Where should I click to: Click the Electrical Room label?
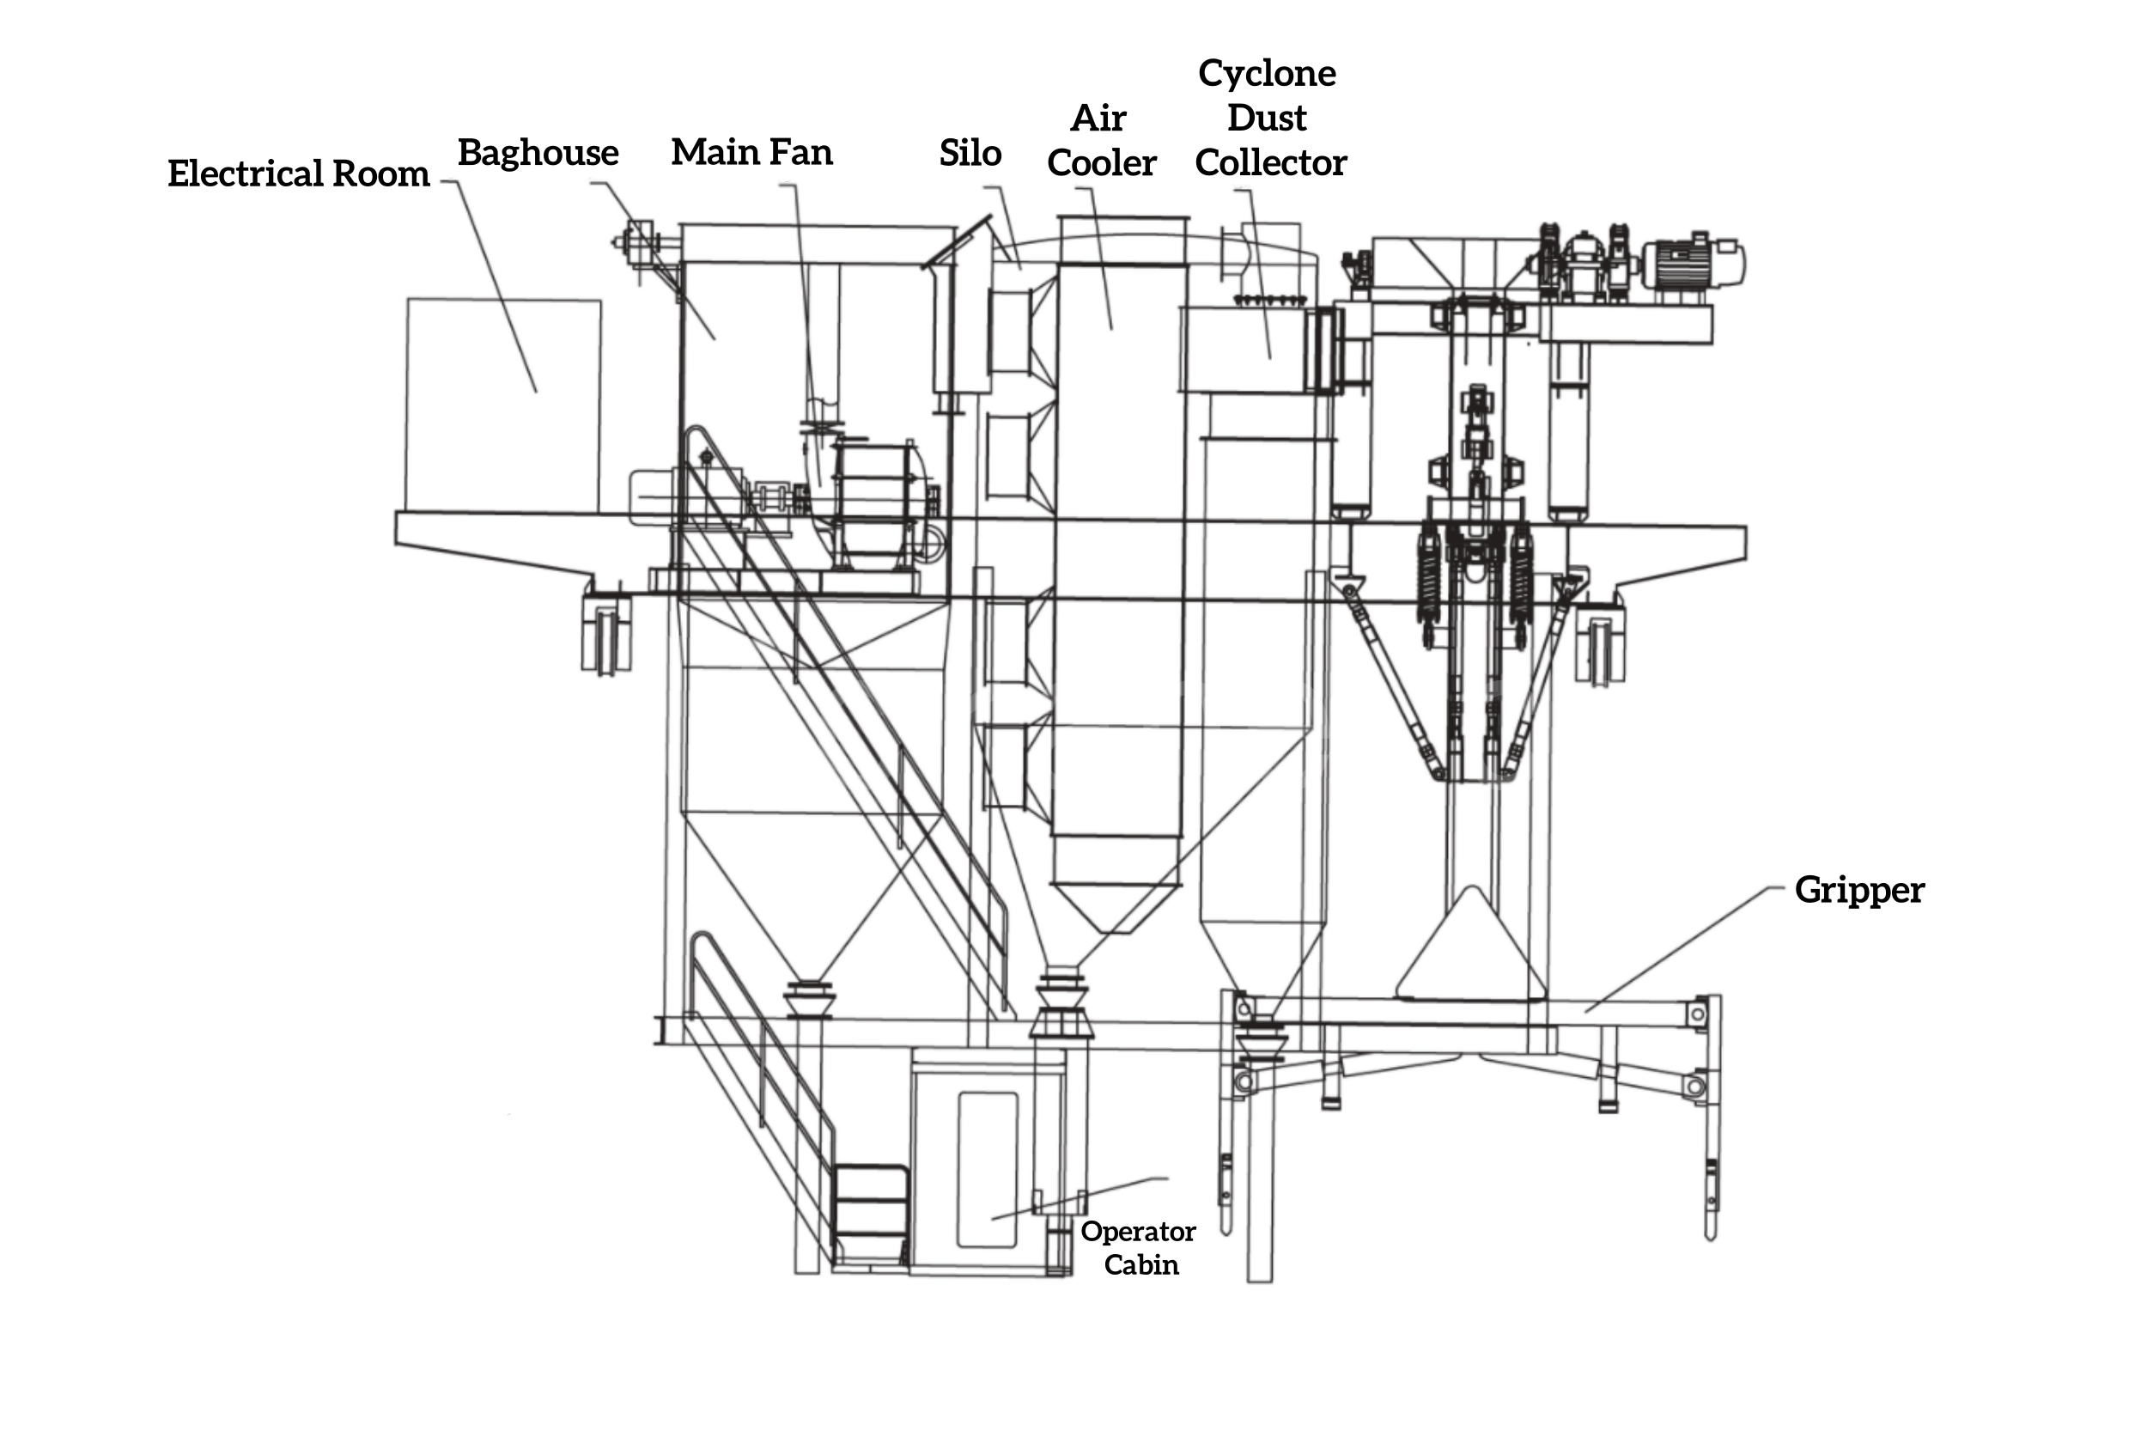click(x=298, y=174)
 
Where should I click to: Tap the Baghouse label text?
click(x=538, y=152)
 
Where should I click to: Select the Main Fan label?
click(x=751, y=151)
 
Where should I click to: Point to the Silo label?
click(x=970, y=152)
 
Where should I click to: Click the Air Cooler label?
click(x=1101, y=141)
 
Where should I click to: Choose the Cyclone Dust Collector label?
click(x=1270, y=118)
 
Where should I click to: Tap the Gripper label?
click(x=1859, y=891)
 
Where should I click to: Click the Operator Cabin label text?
click(x=1139, y=1247)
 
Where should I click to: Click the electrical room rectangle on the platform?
click(x=503, y=405)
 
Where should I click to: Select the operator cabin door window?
click(x=987, y=1169)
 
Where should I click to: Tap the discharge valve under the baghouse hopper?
click(x=809, y=999)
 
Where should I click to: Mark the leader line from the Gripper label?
click(x=1684, y=949)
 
